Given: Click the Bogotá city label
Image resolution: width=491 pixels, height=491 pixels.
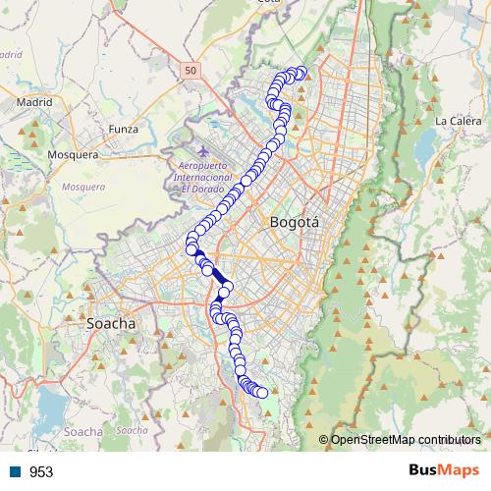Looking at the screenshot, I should point(294,223).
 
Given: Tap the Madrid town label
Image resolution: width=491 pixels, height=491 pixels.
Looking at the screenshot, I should point(33,101).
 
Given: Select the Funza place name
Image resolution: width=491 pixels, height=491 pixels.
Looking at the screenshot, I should point(125,129).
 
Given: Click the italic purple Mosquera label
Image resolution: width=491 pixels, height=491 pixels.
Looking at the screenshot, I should point(83,186).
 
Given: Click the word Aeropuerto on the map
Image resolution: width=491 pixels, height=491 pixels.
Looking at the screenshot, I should point(203,166).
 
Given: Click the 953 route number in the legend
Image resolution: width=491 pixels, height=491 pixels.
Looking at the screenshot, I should point(41,472).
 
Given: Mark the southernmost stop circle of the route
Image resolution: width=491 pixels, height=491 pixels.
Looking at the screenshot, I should point(262,393).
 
